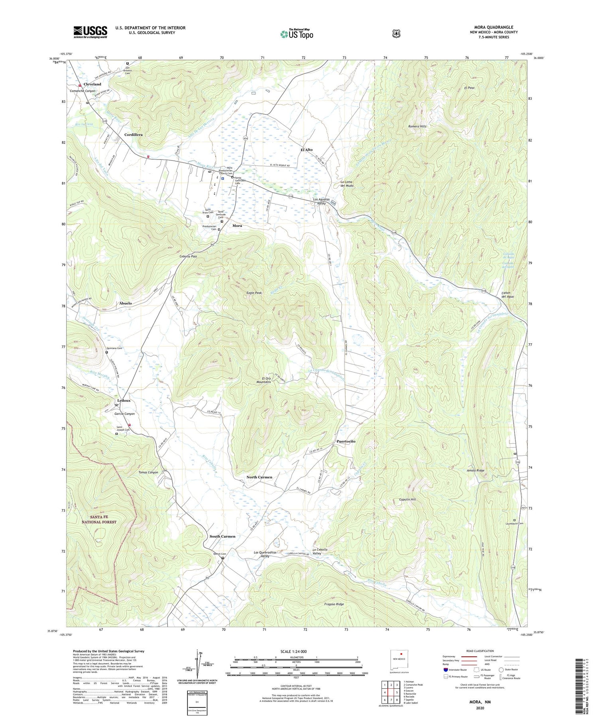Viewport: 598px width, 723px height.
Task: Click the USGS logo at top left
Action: (x=90, y=32)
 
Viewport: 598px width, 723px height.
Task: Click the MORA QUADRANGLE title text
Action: (x=494, y=27)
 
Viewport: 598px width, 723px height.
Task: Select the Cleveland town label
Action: (x=92, y=84)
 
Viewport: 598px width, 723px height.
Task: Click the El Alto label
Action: (x=306, y=150)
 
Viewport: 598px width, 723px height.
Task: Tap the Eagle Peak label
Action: (x=254, y=293)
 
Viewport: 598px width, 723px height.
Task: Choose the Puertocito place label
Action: (x=346, y=441)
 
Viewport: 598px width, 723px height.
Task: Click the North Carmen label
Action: (x=259, y=477)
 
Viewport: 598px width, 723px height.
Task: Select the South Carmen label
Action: (x=222, y=536)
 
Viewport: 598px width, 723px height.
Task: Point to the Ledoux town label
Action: (x=124, y=400)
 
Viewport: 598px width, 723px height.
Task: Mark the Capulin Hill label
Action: (x=407, y=499)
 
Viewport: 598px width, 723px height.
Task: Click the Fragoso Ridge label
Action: (x=334, y=604)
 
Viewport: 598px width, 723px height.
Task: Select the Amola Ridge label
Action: (x=476, y=471)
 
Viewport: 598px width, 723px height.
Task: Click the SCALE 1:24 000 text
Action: (x=296, y=652)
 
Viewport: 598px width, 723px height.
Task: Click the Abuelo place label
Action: (x=125, y=303)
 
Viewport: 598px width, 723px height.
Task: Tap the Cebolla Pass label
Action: (x=188, y=256)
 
